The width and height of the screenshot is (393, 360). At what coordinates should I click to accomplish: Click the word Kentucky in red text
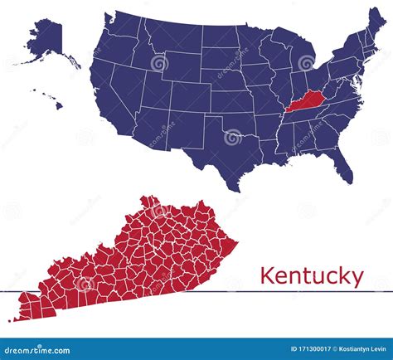point(311,275)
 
